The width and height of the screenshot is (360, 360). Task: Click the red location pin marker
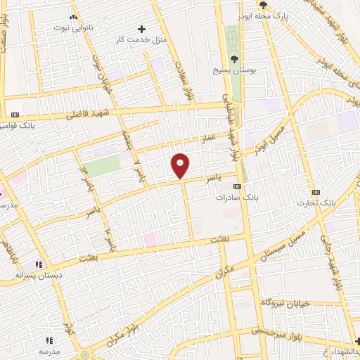click(x=181, y=165)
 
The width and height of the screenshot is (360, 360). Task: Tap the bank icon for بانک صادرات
click(x=237, y=186)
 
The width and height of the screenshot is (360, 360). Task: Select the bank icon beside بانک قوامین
click(x=15, y=115)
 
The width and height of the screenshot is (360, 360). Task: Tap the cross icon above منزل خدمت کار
click(x=142, y=29)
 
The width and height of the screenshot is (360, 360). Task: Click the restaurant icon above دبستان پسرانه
click(x=39, y=264)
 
